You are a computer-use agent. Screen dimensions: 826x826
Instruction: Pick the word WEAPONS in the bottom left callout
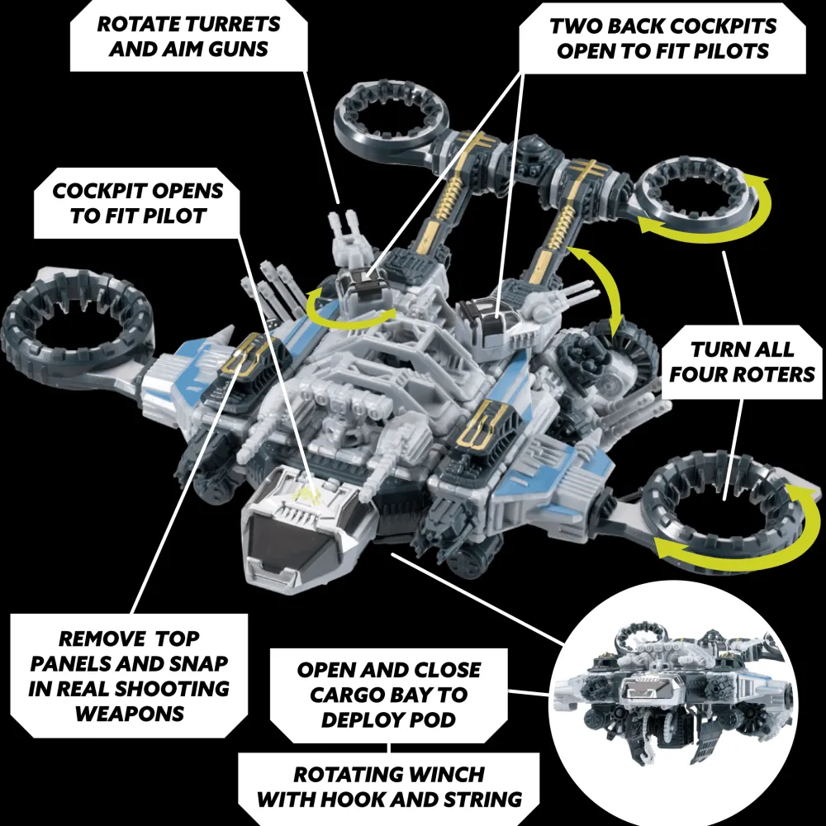130,714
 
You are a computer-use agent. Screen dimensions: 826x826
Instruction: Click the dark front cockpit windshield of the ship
295,539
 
